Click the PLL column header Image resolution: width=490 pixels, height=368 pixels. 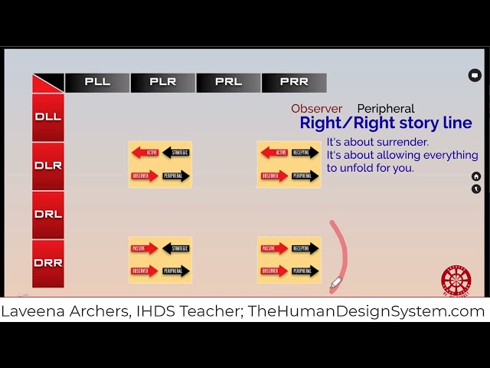pyautogui.click(x=97, y=82)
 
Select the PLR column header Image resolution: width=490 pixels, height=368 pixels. pyautogui.click(x=162, y=82)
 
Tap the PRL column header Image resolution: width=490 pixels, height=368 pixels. pyautogui.click(x=228, y=82)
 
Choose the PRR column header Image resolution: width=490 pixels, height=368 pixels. pyautogui.click(x=294, y=82)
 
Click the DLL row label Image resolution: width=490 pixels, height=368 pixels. pyautogui.click(x=48, y=117)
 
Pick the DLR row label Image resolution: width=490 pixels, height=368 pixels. pyautogui.click(x=48, y=166)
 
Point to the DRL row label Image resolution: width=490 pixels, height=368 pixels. pyautogui.click(x=48, y=214)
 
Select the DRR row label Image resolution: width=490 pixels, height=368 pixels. pyautogui.click(x=48, y=263)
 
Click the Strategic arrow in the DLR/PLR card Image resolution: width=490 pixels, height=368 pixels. pyautogui.click(x=176, y=153)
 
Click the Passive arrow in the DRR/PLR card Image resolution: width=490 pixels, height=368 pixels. pyautogui.click(x=144, y=248)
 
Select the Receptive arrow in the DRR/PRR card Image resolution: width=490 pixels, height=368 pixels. pyautogui.click(x=305, y=248)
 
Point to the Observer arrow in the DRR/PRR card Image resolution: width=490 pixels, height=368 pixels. pyautogui.click(x=273, y=271)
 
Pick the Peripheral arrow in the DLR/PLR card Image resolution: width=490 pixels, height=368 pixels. pyautogui.click(x=176, y=176)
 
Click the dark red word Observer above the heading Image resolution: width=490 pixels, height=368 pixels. pyautogui.click(x=316, y=109)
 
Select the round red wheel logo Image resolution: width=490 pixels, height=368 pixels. pyautogui.click(x=456, y=281)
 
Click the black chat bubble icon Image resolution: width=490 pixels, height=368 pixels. pyautogui.click(x=475, y=75)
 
